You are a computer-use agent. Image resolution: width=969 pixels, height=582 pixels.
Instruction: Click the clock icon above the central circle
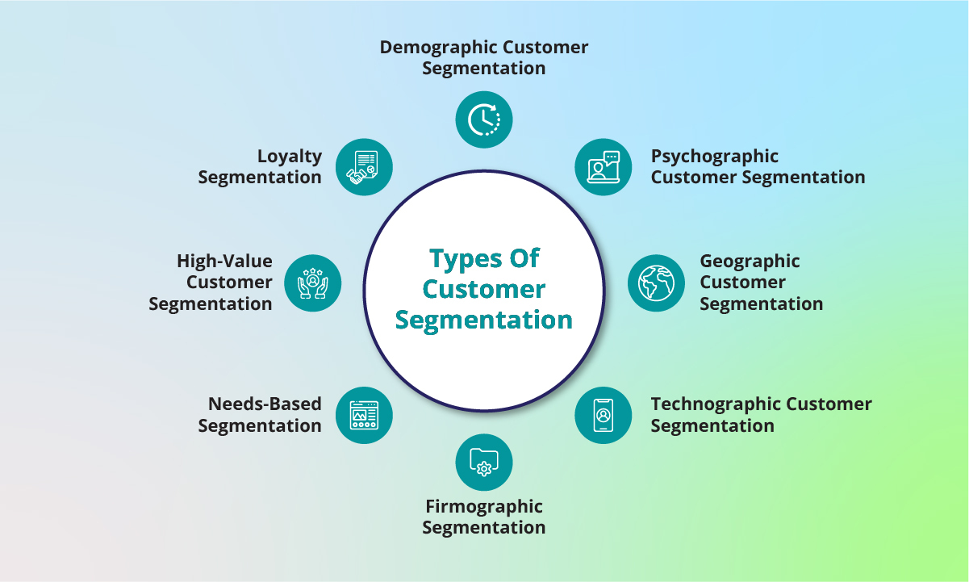(484, 119)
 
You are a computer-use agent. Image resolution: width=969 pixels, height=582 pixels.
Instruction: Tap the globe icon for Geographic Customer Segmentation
(656, 283)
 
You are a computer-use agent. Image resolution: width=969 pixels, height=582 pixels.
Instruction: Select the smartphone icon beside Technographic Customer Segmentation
(603, 414)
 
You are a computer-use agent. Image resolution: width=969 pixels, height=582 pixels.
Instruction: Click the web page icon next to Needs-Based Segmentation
(364, 414)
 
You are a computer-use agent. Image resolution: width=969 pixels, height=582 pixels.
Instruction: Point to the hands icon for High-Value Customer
(313, 283)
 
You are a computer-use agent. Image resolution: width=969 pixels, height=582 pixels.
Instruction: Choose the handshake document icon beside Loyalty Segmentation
(364, 167)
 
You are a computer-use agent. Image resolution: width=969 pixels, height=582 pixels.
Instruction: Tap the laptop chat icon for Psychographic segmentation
(603, 167)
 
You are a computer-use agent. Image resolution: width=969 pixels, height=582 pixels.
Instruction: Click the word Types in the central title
(461, 259)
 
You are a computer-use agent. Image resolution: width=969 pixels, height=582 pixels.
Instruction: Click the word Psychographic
(715, 156)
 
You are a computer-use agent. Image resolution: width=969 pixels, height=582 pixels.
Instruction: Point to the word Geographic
(750, 262)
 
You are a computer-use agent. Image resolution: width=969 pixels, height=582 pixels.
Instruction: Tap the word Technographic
(716, 404)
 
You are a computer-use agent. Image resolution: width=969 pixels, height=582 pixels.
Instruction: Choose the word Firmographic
(484, 507)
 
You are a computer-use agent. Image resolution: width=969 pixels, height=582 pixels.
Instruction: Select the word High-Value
(224, 262)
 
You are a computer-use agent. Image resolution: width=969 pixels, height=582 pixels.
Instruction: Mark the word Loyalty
(290, 156)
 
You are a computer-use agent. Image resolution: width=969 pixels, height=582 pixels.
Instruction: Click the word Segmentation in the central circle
(484, 320)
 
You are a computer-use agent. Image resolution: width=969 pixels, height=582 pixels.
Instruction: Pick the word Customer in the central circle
(484, 289)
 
